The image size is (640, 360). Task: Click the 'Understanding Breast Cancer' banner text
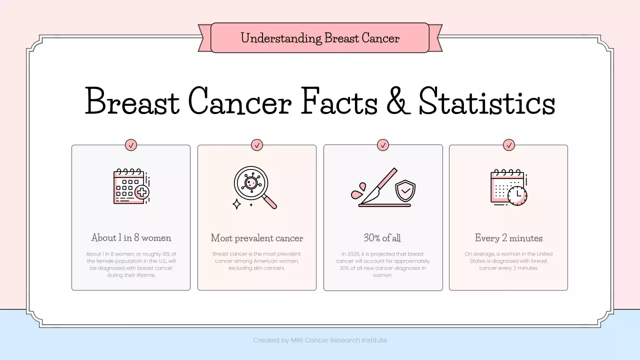click(x=320, y=38)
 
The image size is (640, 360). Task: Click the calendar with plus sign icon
click(x=130, y=186)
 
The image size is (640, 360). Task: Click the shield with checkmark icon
click(x=404, y=190)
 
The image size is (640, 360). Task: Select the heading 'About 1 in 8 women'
click(x=131, y=237)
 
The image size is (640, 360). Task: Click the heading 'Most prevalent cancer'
click(x=257, y=238)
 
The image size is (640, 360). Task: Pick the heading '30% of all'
click(x=382, y=238)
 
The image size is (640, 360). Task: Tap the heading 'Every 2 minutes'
click(x=508, y=238)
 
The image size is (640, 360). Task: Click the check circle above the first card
click(x=131, y=145)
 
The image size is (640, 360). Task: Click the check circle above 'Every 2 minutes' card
click(x=509, y=145)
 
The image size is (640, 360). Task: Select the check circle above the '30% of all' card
click(x=383, y=145)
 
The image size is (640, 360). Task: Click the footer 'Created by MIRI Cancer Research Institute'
click(x=320, y=340)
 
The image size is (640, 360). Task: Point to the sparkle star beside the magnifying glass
click(x=237, y=203)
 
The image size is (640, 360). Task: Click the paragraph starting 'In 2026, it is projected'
click(x=382, y=264)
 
